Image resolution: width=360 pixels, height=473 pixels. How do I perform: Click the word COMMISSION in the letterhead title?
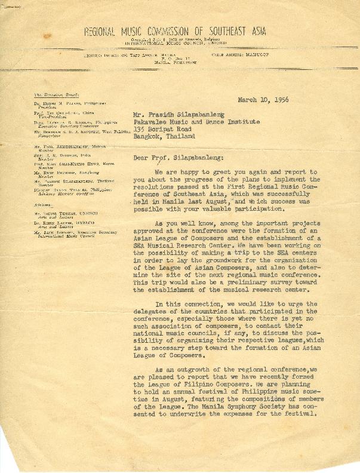coord(164,32)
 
